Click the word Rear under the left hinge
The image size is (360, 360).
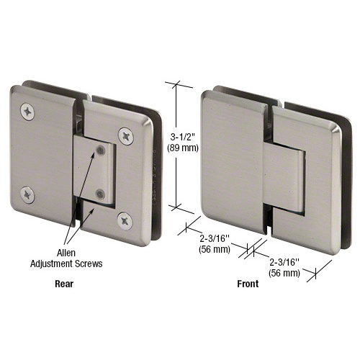pos(65,284)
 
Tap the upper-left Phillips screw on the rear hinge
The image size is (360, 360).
pos(28,110)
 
